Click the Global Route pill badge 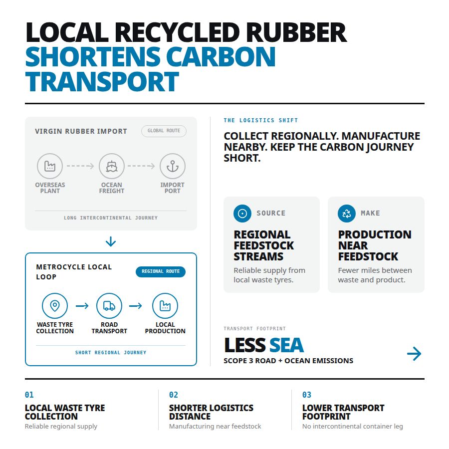click(164, 131)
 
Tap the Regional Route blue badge click(161, 271)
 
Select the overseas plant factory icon click(50, 166)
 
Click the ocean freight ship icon click(112, 166)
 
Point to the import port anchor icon click(173, 166)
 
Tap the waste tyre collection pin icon click(55, 306)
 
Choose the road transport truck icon click(109, 306)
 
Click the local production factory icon click(165, 306)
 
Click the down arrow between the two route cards click(111, 241)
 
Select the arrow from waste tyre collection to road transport click(82, 306)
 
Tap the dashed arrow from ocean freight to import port click(141, 166)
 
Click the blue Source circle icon click(242, 214)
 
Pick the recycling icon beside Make click(347, 214)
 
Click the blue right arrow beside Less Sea click(414, 354)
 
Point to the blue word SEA click(286, 345)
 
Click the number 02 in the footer click(174, 395)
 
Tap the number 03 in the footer click(307, 395)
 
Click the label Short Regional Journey click(111, 353)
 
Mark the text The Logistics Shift click(261, 120)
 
